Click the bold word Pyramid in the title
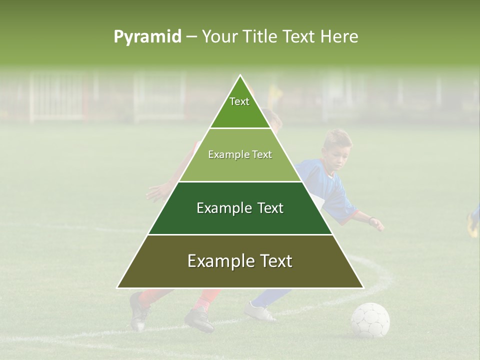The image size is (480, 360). pyautogui.click(x=147, y=37)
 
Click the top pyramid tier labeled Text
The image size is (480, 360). pyautogui.click(x=240, y=107)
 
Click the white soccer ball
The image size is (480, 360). pyautogui.click(x=370, y=320)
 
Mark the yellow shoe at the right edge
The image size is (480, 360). pyautogui.click(x=472, y=225)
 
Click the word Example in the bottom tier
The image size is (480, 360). pyautogui.click(x=217, y=261)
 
